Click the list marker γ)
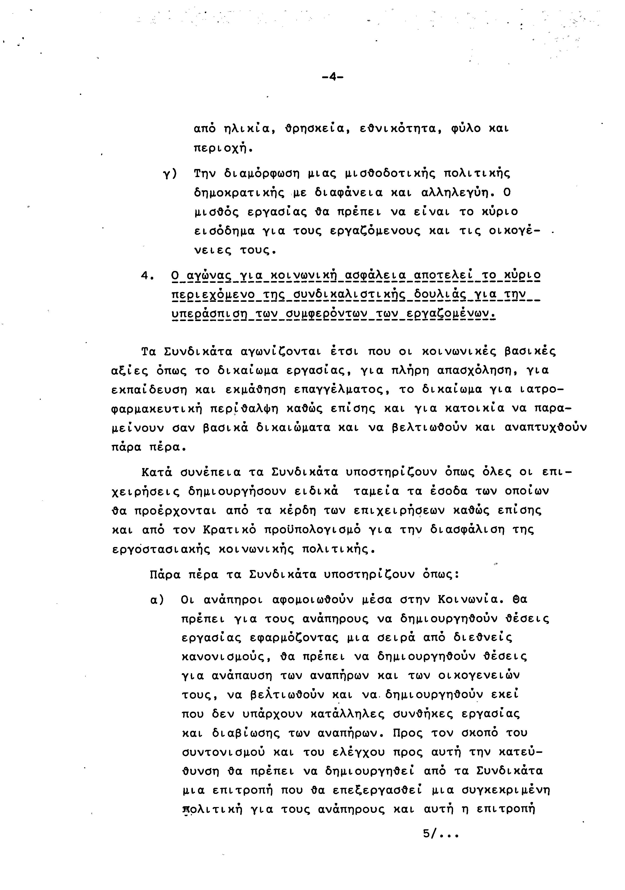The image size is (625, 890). coord(169,174)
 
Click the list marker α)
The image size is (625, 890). coord(157,600)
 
